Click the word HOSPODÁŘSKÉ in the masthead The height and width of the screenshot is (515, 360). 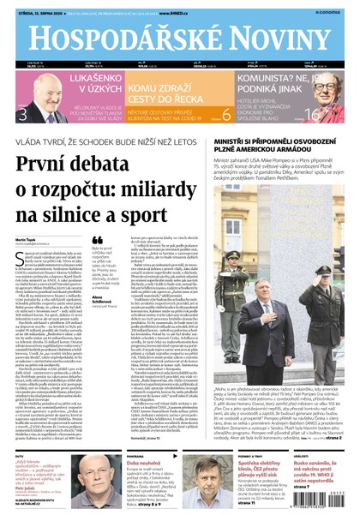coord(116,37)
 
